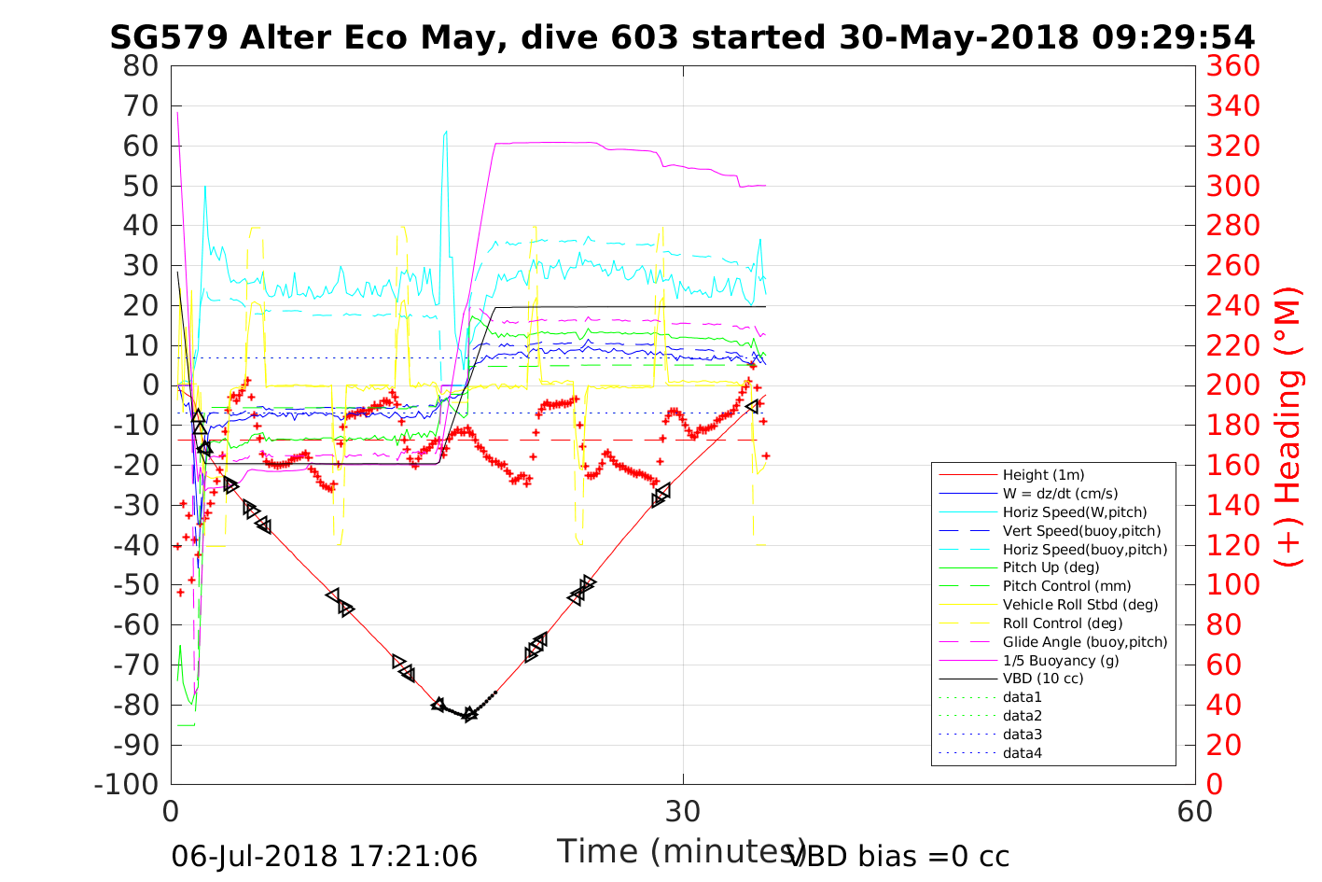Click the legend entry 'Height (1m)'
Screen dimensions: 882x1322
click(1043, 475)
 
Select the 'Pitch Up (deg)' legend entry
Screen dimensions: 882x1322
click(1051, 567)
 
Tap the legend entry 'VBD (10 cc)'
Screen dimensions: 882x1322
click(1043, 679)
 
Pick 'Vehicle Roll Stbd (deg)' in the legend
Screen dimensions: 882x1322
click(1080, 605)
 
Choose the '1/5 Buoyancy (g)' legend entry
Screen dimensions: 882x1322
click(1061, 660)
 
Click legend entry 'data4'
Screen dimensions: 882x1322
click(1022, 753)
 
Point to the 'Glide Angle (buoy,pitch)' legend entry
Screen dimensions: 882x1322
click(1085, 641)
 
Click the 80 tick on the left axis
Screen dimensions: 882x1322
click(142, 66)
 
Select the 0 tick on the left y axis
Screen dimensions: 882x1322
click(151, 385)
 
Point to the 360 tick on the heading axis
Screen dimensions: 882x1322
click(1232, 66)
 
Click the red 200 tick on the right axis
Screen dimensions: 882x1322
click(1232, 385)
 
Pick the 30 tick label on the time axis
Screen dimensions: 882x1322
click(683, 811)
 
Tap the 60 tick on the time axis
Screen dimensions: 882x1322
click(1194, 811)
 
